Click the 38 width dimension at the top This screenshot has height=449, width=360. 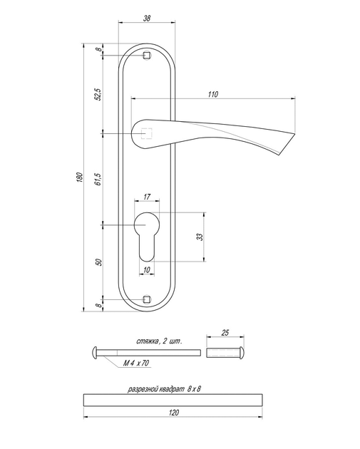(x=147, y=19)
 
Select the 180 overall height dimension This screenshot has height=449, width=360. (x=80, y=177)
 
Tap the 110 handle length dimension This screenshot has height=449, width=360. (x=213, y=95)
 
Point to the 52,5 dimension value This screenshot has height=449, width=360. (x=98, y=94)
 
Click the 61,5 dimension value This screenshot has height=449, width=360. (x=98, y=179)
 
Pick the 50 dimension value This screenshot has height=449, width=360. (x=99, y=262)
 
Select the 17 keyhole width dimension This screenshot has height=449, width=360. (x=147, y=197)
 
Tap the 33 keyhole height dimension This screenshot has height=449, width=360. (x=200, y=237)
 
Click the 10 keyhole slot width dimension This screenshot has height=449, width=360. (x=146, y=269)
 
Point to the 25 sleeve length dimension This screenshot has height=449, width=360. (x=225, y=333)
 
